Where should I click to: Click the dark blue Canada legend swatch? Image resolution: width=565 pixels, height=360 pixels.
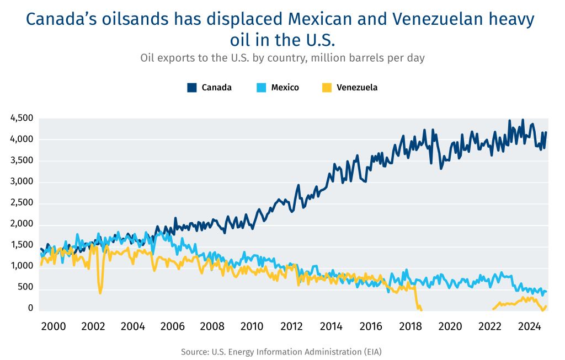(x=192, y=87)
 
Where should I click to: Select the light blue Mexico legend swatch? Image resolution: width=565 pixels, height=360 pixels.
(x=262, y=87)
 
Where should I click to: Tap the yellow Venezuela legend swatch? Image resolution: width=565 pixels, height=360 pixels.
(x=327, y=87)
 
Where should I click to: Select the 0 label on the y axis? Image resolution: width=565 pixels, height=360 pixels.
(x=31, y=308)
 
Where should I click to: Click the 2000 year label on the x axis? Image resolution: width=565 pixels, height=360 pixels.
(x=54, y=326)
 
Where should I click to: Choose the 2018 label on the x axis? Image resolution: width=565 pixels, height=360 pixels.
(x=412, y=326)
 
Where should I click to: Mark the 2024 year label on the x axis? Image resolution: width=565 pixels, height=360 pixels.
(x=531, y=326)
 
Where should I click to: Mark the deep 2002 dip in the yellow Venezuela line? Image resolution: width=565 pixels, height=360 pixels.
(x=100, y=292)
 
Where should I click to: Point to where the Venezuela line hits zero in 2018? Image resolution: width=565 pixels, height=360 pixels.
(x=421, y=310)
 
